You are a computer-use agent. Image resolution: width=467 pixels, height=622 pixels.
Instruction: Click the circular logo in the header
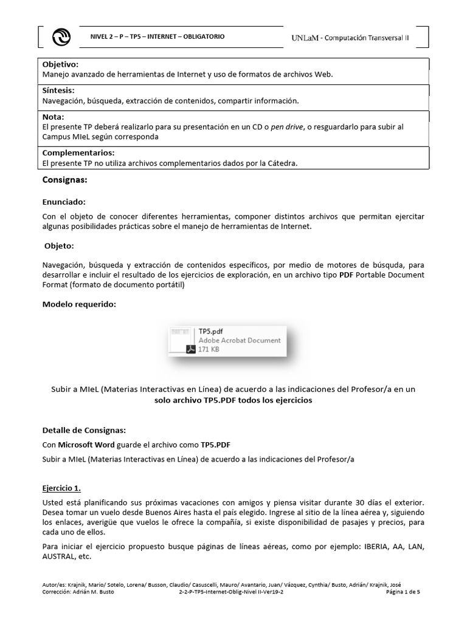coord(62,37)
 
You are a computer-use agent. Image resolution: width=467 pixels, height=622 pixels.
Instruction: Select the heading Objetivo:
coord(60,64)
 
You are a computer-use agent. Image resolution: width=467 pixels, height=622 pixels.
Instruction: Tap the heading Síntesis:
coord(58,91)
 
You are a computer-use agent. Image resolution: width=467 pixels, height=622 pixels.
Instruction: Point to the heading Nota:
coord(53,117)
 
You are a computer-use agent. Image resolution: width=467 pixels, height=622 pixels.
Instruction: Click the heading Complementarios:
coord(78,152)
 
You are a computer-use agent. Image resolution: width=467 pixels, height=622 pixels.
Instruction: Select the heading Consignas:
coord(65,180)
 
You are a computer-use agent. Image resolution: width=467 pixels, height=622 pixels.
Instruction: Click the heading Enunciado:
coord(64,201)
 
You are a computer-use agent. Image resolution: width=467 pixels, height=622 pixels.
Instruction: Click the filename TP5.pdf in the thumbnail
coord(211,331)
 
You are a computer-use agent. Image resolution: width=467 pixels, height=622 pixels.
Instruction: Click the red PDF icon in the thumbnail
coord(190,349)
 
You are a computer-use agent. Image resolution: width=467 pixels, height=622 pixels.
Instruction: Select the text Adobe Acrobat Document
coord(240,341)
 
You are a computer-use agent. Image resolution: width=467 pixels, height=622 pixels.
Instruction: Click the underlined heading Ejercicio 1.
coord(61,488)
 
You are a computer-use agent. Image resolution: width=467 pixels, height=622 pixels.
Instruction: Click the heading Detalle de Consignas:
coord(84,430)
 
